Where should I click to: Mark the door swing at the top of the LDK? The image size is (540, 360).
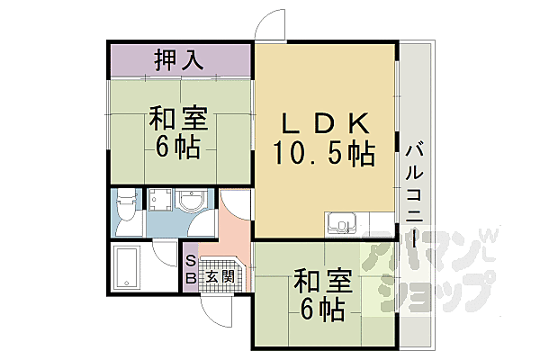coord(268,25)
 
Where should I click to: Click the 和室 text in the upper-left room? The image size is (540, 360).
coord(177,119)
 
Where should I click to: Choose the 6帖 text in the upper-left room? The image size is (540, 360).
coord(177,148)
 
